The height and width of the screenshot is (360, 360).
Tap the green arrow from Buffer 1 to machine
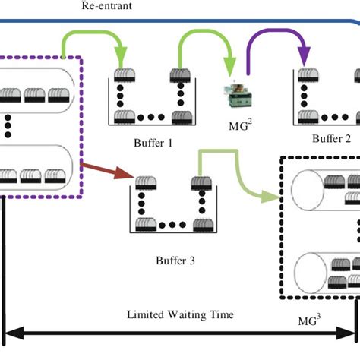coord(205,46)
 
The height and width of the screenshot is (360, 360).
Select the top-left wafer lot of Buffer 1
coord(125,75)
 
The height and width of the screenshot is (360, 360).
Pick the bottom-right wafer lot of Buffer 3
coord(202,224)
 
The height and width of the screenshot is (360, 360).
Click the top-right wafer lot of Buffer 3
coord(202,182)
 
